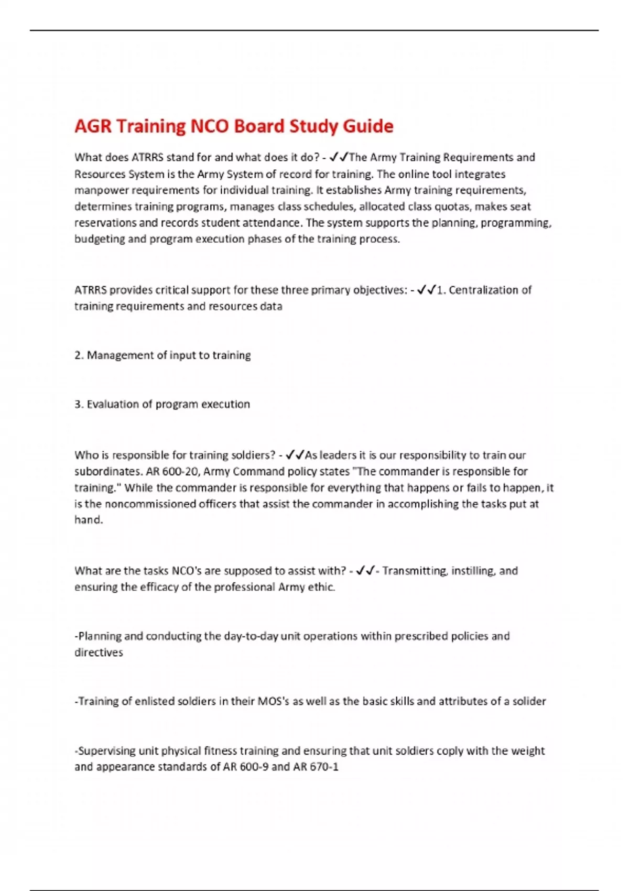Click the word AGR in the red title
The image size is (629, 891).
click(x=93, y=126)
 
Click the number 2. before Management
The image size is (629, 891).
click(x=79, y=355)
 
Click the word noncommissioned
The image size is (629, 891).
click(x=150, y=504)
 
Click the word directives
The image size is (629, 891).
click(x=99, y=653)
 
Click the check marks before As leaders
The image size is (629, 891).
click(x=295, y=455)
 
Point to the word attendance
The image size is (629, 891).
click(x=272, y=223)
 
